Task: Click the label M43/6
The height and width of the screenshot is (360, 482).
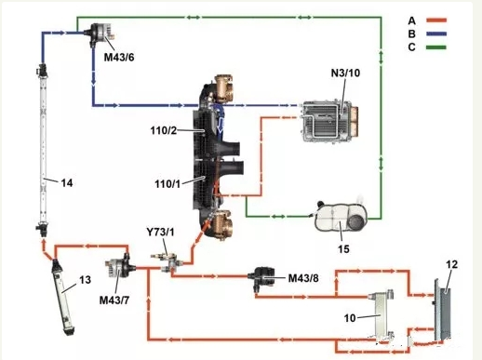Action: [119, 58]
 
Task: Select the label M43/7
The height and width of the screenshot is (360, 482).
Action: [114, 300]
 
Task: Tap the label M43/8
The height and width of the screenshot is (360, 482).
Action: [303, 278]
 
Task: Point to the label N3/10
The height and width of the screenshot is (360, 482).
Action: [345, 73]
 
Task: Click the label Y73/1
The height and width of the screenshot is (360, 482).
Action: [160, 232]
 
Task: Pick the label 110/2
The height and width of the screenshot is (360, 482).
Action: [164, 130]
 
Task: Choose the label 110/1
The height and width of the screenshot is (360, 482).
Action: [167, 184]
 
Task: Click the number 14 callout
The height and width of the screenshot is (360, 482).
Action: [67, 183]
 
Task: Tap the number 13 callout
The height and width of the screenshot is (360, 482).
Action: [86, 280]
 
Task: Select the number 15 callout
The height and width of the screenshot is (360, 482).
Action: [343, 248]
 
